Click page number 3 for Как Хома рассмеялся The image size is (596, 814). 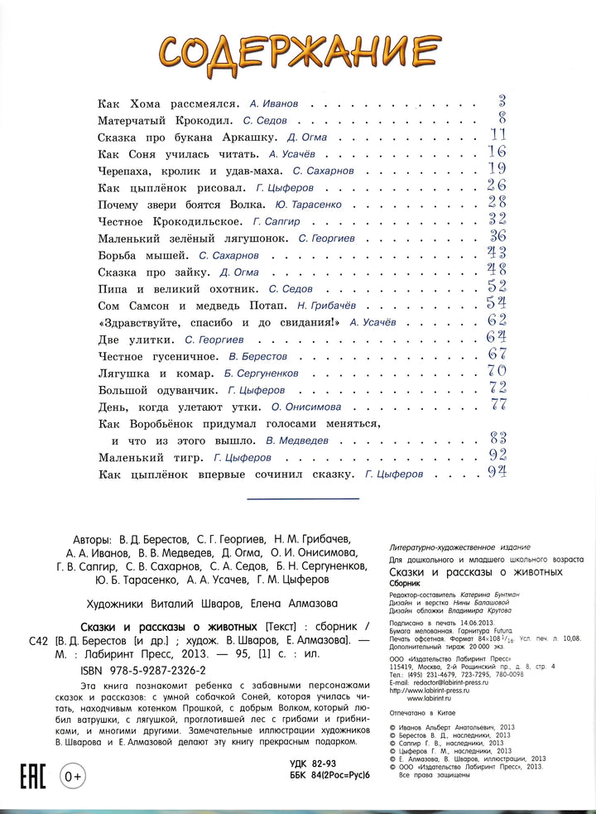click(501, 103)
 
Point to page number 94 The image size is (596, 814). click(497, 473)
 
